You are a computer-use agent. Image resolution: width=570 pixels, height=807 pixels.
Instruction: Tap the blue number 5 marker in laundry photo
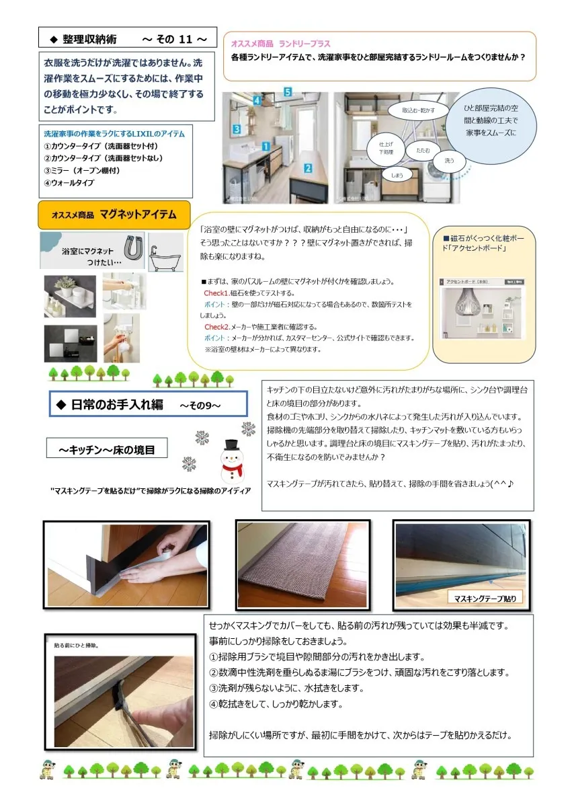click(287, 91)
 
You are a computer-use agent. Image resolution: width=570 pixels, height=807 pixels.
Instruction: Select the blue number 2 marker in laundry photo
click(308, 168)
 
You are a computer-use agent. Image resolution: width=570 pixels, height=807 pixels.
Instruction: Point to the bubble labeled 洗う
click(449, 161)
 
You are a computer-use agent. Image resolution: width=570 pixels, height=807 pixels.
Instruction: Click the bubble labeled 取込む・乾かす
click(418, 110)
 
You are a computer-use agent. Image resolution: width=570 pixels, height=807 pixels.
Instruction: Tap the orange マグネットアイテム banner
click(114, 215)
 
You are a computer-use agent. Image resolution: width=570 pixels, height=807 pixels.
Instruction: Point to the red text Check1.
click(216, 293)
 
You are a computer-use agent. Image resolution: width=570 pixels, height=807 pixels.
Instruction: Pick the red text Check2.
click(216, 327)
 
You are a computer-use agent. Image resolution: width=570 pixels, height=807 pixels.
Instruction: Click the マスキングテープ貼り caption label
click(485, 598)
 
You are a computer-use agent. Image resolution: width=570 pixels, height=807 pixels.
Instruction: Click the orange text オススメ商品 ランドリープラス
click(280, 44)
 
